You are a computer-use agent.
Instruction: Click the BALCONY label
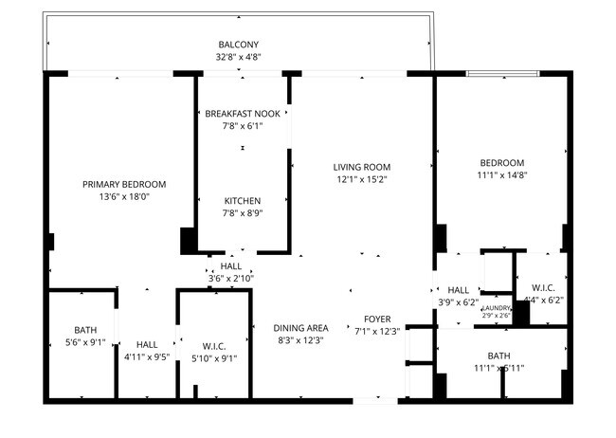239,45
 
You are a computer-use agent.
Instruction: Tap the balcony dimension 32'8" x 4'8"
239,57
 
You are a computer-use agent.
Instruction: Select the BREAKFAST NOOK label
242,114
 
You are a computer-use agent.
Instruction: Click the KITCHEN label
242,201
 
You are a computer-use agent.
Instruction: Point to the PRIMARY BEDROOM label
124,184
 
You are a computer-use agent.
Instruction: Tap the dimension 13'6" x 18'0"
124,196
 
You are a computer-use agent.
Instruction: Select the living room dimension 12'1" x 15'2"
362,179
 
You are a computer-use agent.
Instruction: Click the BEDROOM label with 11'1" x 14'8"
500,162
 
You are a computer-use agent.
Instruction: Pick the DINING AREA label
300,327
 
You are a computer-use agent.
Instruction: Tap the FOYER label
377,319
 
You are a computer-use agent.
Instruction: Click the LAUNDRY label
497,308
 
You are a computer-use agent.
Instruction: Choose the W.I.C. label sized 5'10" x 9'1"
213,345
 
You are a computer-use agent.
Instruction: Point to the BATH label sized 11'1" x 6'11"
498,356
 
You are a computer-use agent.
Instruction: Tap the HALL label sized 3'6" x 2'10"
230,267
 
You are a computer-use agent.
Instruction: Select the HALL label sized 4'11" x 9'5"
146,345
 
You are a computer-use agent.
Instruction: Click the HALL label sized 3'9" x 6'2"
459,290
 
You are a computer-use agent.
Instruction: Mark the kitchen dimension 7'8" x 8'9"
242,213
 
